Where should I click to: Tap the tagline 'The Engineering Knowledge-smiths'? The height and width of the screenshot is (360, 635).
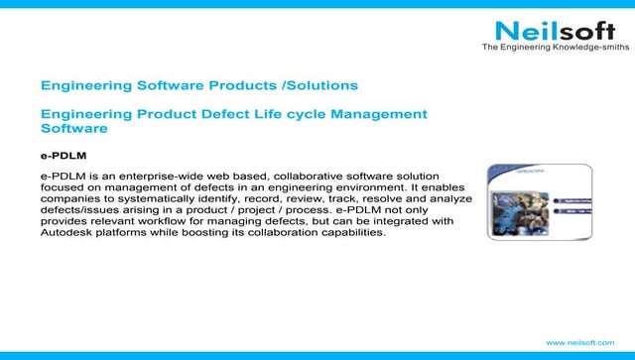[555, 48]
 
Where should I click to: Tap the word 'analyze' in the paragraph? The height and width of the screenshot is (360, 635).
[448, 198]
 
